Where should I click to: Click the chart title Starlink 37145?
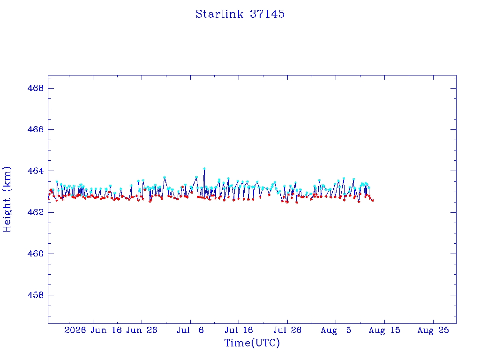pyautogui.click(x=240, y=14)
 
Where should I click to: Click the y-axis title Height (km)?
pyautogui.click(x=7, y=199)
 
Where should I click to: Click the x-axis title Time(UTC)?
pyautogui.click(x=252, y=343)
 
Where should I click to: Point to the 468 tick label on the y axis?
pyautogui.click(x=36, y=88)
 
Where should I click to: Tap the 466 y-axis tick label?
pyautogui.click(x=36, y=129)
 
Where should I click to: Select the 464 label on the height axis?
pyautogui.click(x=36, y=171)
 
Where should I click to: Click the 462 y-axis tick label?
pyautogui.click(x=36, y=212)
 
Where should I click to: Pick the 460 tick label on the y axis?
pyautogui.click(x=36, y=254)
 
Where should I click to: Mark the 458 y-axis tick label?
pyautogui.click(x=36, y=295)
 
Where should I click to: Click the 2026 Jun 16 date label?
pyautogui.click(x=93, y=330)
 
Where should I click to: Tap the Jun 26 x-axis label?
pyautogui.click(x=142, y=330)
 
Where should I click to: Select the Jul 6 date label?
pyautogui.click(x=190, y=330)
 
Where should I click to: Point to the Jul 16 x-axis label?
pyautogui.click(x=239, y=330)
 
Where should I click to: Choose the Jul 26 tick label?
pyautogui.click(x=287, y=330)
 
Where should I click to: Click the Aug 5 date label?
pyautogui.click(x=336, y=330)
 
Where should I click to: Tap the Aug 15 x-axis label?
pyautogui.click(x=384, y=330)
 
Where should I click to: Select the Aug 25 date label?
pyautogui.click(x=433, y=330)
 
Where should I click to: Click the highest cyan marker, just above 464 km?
pyautogui.click(x=204, y=168)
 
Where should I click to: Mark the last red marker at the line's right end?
pyautogui.click(x=373, y=200)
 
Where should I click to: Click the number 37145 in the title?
pyautogui.click(x=267, y=14)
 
